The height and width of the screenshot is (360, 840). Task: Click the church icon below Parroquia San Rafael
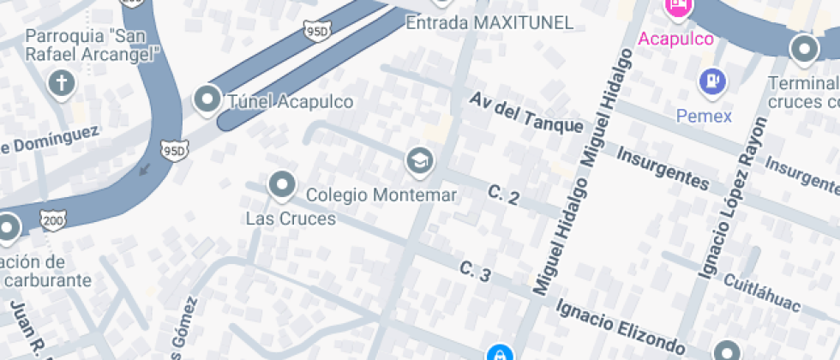61,84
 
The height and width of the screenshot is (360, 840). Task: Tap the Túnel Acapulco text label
290,101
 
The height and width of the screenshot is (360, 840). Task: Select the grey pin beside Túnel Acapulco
207,100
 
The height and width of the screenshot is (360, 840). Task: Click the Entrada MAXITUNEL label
489,23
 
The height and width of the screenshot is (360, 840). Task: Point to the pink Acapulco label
675,39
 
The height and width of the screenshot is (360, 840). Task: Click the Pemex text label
704,115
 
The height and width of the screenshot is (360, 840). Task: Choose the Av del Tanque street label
525,112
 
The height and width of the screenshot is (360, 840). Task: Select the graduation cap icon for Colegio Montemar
419,160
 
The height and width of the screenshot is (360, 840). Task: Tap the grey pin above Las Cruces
281,184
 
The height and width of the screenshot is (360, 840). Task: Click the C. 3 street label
475,273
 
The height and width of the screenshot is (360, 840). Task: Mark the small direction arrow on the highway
145,169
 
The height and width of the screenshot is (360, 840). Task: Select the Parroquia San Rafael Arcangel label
93,45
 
